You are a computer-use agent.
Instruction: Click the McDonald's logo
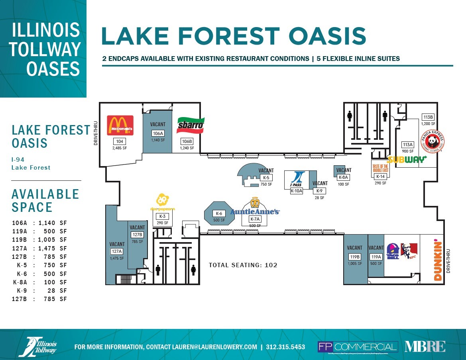coord(120,125)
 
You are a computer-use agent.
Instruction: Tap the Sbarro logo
coord(191,125)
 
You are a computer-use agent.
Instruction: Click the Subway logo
coord(407,160)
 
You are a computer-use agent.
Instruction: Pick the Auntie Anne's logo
coord(255,207)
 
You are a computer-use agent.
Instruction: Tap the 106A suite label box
coord(158,133)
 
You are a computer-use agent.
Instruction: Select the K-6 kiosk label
coord(218,213)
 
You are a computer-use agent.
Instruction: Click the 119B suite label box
coord(354,257)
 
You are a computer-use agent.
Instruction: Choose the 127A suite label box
coord(116,251)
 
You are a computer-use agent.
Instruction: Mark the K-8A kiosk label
coord(343,178)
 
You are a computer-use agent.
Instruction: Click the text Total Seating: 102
coord(243,265)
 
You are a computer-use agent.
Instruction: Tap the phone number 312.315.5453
coord(285,347)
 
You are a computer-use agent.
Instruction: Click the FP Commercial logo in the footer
coord(358,347)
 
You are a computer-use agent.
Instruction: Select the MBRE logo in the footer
coord(425,346)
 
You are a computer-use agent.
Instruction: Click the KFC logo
coord(409,251)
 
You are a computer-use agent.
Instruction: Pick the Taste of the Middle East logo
coord(380,167)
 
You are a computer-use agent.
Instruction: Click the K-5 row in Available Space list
coord(39,265)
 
